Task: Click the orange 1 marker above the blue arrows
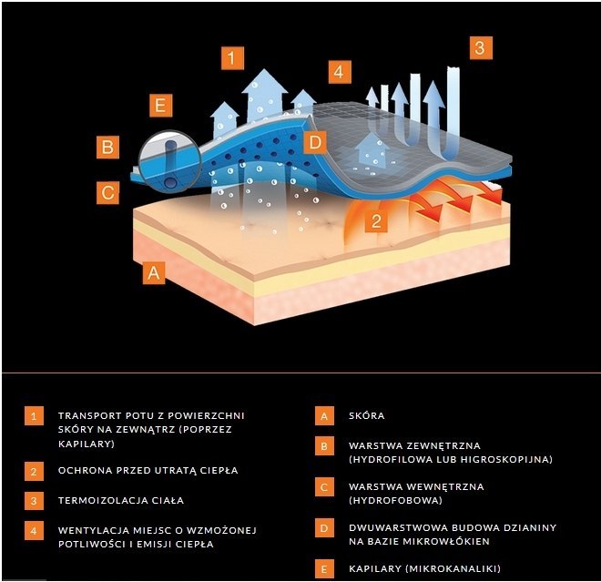(x=232, y=59)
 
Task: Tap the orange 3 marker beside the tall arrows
(x=481, y=47)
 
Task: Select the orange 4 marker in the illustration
(x=339, y=72)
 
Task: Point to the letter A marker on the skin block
(x=153, y=271)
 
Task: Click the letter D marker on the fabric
(x=314, y=142)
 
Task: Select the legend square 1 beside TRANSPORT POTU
(x=35, y=416)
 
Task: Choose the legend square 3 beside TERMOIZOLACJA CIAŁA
(x=35, y=500)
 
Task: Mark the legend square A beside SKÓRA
(x=322, y=416)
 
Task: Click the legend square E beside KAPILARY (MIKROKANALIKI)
(x=322, y=568)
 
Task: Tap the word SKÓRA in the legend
(x=367, y=416)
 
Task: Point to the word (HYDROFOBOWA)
(x=395, y=500)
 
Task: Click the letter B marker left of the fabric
(x=107, y=146)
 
